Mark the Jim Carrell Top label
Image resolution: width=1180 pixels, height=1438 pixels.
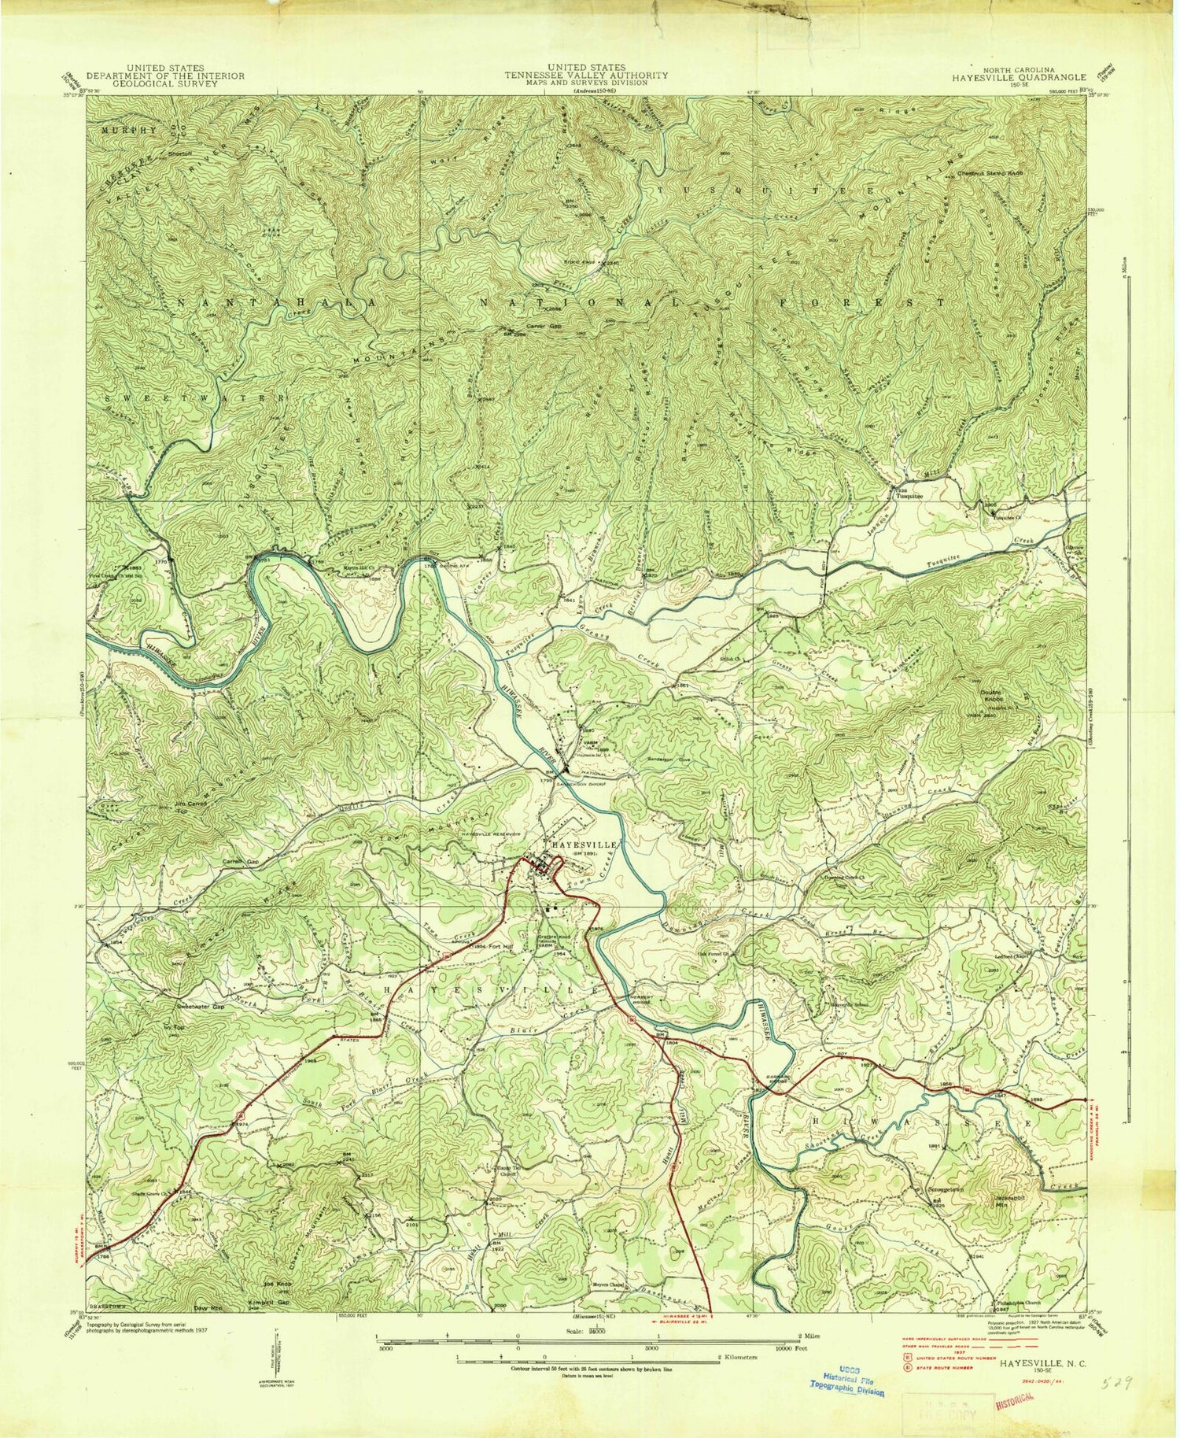180,804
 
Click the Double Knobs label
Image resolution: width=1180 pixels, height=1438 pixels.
995,696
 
